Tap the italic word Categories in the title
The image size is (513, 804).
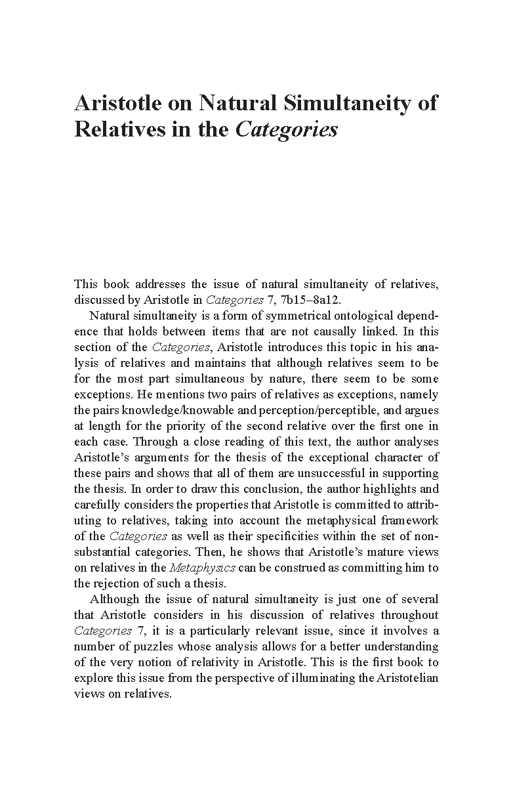pos(286,129)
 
